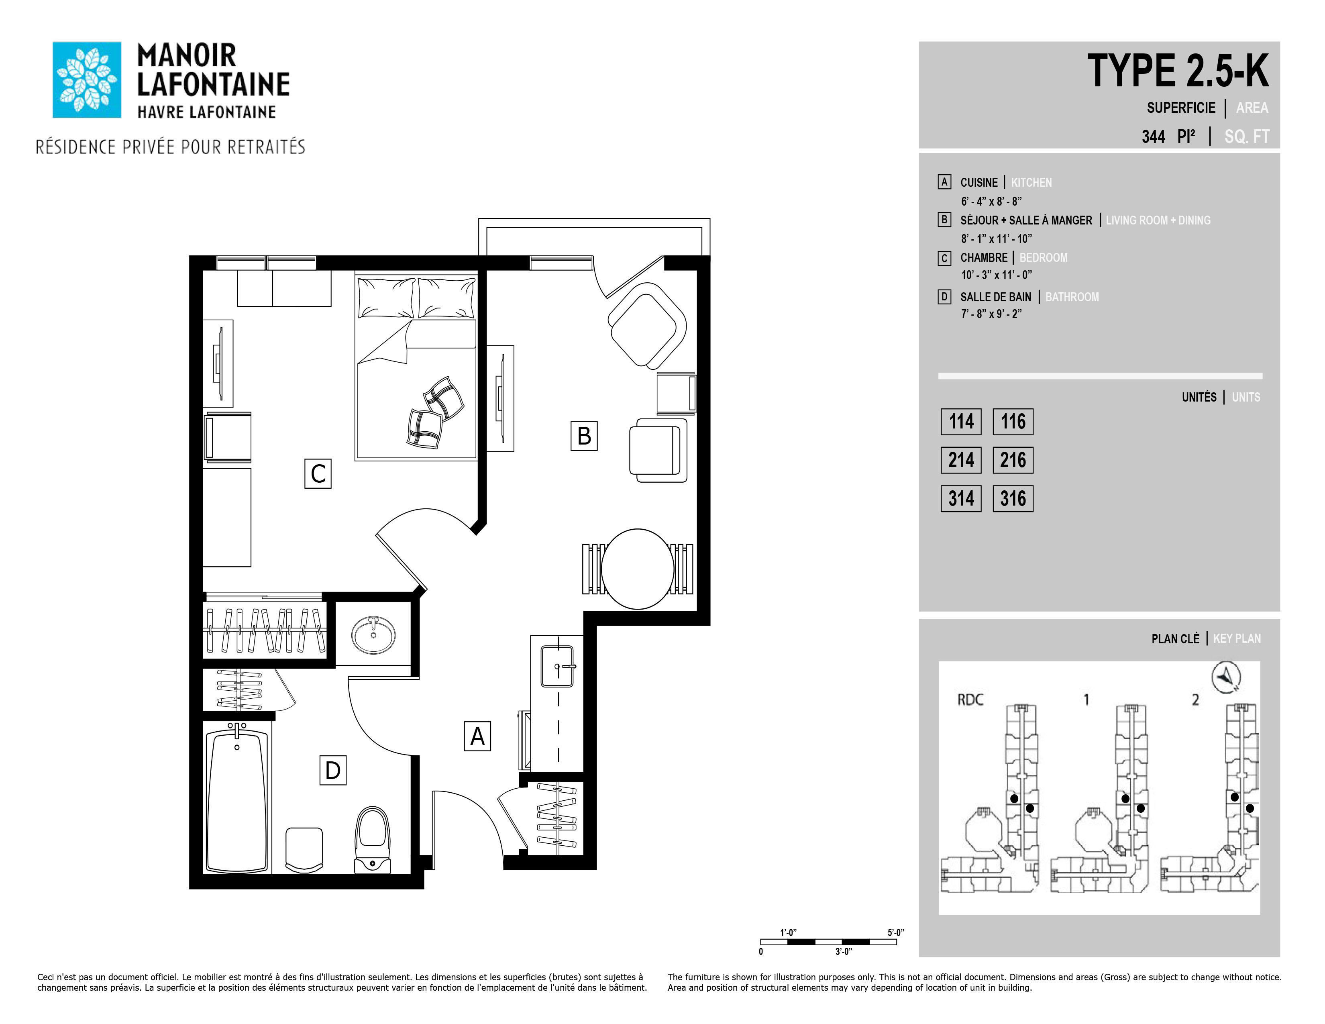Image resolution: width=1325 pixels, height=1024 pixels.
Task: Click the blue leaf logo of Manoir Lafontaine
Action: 87,80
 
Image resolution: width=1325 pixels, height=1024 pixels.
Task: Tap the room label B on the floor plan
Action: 584,436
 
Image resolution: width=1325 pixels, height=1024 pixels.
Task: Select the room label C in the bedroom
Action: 318,474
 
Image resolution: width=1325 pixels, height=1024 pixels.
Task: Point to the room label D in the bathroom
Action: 333,770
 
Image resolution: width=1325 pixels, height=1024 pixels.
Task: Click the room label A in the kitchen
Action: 477,736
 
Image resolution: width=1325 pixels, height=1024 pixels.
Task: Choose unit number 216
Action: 1013,460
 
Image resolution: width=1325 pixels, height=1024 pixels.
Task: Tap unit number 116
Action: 1013,422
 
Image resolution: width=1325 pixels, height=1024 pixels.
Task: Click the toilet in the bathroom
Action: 373,840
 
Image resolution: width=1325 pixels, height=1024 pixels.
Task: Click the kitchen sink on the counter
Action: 557,666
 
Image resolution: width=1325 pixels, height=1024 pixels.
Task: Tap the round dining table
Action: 638,569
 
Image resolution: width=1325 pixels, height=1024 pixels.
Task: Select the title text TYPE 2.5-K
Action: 1178,71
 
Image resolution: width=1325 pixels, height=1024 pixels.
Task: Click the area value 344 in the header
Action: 1153,137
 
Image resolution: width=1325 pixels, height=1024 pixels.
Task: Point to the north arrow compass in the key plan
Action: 1226,677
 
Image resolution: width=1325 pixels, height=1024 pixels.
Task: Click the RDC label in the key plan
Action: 970,700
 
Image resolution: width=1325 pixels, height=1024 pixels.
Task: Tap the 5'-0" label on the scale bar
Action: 895,932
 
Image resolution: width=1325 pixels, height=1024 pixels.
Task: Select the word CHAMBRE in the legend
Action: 983,258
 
